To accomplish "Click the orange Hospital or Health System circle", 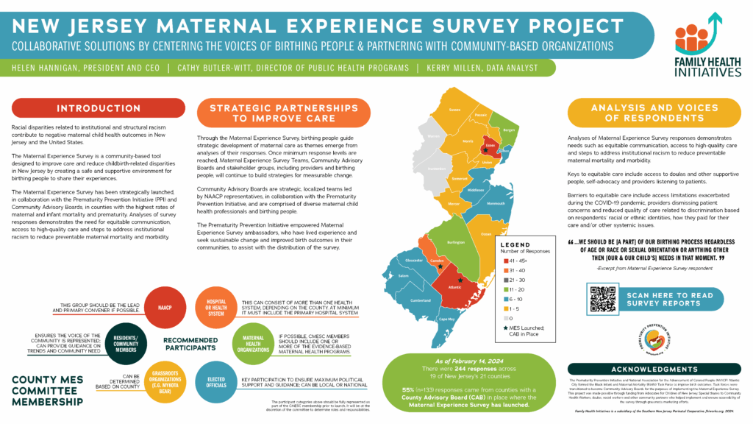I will [215, 309].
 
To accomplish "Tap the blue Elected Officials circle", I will [215, 385].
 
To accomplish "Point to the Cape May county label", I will [447, 319].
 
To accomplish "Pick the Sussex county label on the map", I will [454, 110].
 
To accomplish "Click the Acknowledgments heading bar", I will [655, 370].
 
